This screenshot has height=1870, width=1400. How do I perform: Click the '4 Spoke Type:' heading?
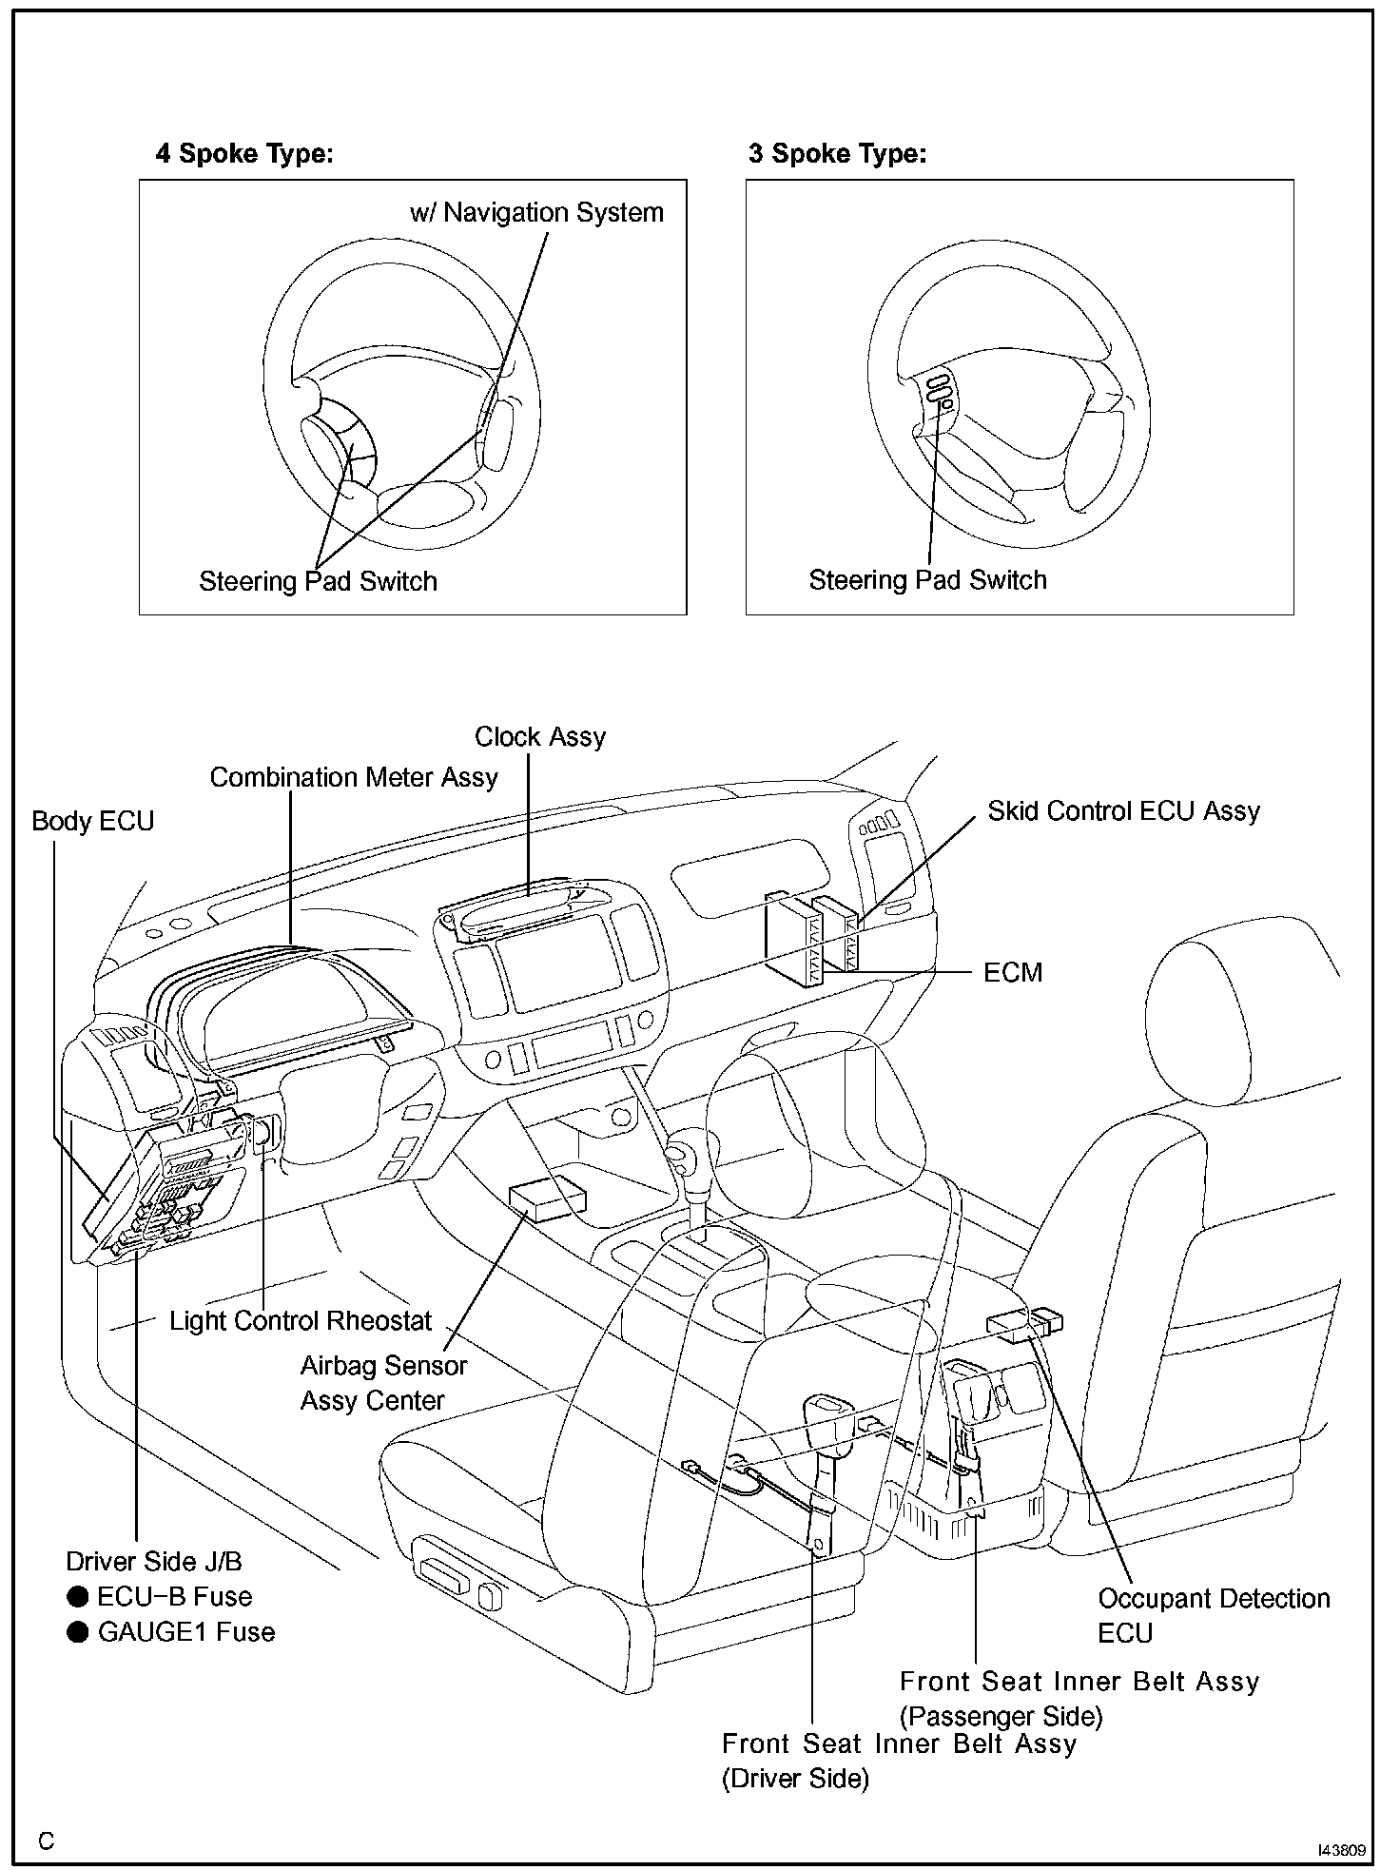(244, 153)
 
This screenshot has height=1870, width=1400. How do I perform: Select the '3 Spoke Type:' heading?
(837, 153)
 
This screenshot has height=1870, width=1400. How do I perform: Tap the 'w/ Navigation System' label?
(536, 212)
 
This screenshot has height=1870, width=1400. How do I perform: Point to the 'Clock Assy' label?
(540, 737)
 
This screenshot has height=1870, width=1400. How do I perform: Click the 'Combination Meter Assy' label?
(354, 778)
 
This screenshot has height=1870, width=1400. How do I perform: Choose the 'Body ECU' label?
(92, 822)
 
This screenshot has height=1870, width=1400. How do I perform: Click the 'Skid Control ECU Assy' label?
(1123, 811)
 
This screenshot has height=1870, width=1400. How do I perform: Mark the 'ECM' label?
(1013, 973)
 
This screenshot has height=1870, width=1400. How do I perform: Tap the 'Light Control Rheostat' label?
(301, 1321)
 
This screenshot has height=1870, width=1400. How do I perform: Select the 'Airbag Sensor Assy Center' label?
(383, 1383)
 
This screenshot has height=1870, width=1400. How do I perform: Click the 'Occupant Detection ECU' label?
(1213, 1616)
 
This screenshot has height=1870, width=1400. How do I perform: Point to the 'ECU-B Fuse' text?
(174, 1597)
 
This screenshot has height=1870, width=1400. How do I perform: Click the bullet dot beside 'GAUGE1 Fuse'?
(78, 1632)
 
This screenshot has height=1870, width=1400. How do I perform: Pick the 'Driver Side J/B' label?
(154, 1562)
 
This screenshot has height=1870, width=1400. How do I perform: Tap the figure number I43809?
(1341, 1850)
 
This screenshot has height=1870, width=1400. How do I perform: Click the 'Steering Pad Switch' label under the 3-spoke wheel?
(927, 580)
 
